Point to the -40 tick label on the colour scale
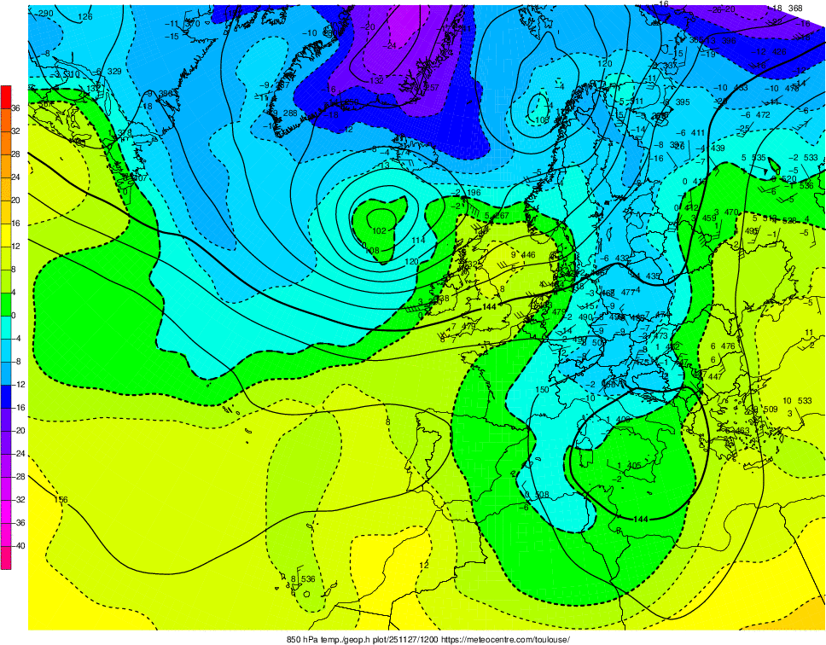pos(15,545)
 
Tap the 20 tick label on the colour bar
pos(15,200)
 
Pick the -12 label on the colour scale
pos(15,384)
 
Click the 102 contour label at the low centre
pos(380,230)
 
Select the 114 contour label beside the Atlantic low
pos(417,241)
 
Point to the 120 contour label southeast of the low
pos(412,261)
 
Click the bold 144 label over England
pos(489,306)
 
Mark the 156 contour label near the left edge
pos(61,499)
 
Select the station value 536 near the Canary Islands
pos(308,579)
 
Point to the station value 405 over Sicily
pos(633,465)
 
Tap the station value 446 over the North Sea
pos(528,254)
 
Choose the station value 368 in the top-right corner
pos(795,9)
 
